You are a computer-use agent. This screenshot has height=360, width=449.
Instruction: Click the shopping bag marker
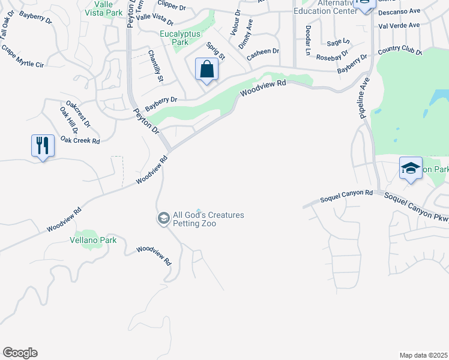206,70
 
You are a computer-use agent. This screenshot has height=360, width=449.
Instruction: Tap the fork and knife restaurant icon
43,145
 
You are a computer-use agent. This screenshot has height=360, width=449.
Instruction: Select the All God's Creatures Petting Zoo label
208,219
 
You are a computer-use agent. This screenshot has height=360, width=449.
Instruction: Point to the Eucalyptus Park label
180,38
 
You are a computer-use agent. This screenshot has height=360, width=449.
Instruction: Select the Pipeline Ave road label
364,96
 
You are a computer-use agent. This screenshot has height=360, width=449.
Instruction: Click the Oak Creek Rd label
80,140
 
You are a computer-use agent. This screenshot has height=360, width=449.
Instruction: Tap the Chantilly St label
155,66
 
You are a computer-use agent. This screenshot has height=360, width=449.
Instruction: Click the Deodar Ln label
307,41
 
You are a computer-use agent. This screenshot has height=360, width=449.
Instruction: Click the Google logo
20,353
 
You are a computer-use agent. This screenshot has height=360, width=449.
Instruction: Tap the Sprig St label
215,51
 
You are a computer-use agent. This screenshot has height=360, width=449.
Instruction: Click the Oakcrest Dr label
78,114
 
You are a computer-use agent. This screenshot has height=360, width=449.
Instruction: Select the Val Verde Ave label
399,25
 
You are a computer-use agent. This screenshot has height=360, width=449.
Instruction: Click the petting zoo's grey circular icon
163,218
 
